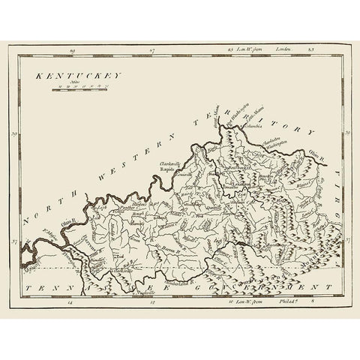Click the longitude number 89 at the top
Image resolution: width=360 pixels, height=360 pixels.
(73, 51)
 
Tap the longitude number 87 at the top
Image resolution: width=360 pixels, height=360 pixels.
(151, 51)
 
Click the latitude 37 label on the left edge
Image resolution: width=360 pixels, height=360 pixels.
(16, 242)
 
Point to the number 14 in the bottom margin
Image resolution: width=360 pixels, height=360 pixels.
(70, 304)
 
